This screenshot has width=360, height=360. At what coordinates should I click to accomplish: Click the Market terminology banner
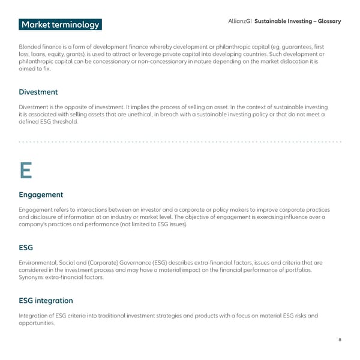(59, 25)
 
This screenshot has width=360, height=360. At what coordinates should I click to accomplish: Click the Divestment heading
(38, 92)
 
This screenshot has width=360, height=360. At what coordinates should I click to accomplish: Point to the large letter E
(25, 171)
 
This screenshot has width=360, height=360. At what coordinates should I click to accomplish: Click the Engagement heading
(41, 194)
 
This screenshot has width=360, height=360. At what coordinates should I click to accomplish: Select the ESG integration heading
(46, 300)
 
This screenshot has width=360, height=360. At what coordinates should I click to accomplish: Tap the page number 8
(340, 340)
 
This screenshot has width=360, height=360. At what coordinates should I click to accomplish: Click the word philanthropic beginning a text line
(36, 62)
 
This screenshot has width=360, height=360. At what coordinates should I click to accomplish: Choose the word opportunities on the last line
(37, 323)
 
